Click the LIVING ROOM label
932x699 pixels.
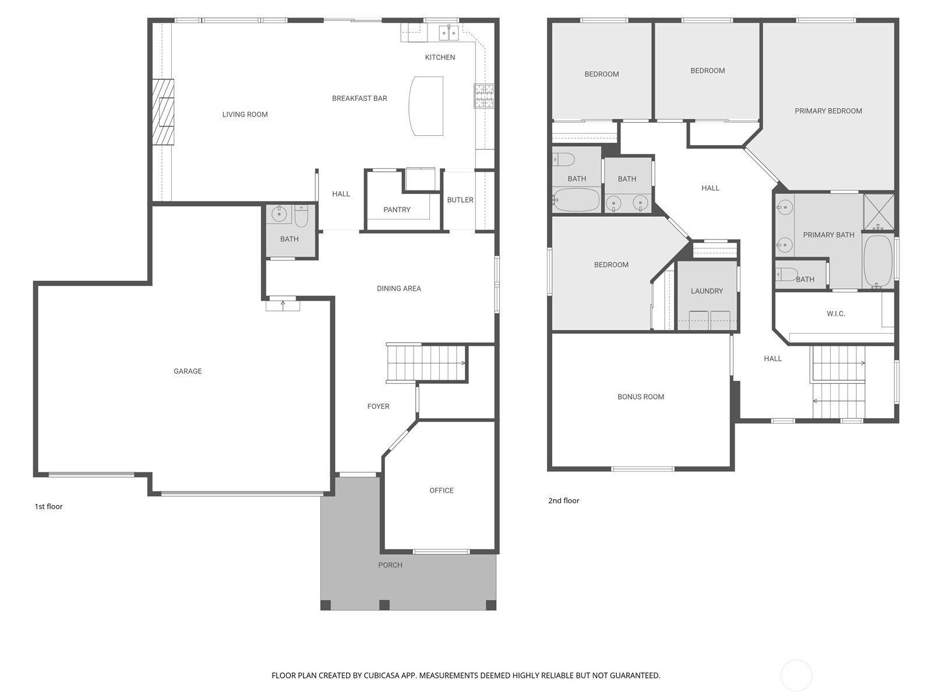(x=245, y=115)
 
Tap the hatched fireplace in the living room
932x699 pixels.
(x=164, y=111)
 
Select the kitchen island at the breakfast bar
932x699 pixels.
(x=426, y=106)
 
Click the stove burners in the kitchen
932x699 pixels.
(x=484, y=96)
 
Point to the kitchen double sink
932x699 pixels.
(x=449, y=33)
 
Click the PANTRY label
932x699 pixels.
(x=397, y=210)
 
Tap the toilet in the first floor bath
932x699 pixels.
(x=301, y=216)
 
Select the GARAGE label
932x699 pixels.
(x=188, y=371)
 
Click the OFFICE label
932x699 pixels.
(x=442, y=490)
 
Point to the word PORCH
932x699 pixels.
(x=390, y=565)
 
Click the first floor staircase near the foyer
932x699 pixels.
(x=425, y=363)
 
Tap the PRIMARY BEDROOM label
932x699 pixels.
(x=828, y=111)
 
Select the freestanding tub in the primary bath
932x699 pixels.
(x=878, y=260)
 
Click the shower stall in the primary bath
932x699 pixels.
(x=878, y=211)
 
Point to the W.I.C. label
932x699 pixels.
(x=836, y=314)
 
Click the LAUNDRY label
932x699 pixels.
(x=707, y=291)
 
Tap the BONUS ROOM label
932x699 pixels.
(x=641, y=397)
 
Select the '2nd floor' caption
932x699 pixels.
(x=564, y=501)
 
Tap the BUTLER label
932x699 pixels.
(x=460, y=200)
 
